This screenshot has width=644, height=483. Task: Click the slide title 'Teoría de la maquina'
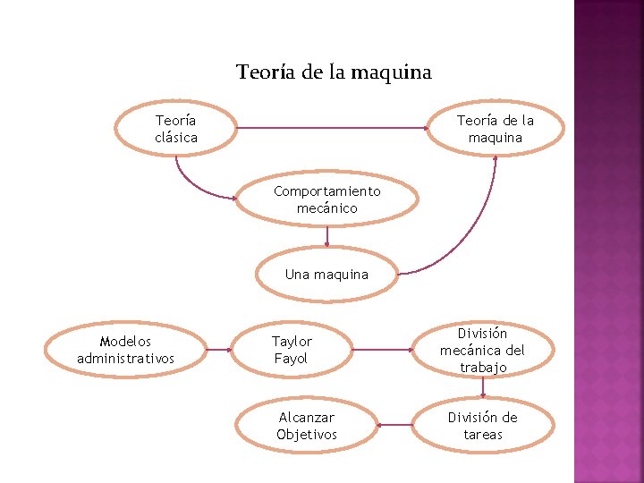click(x=334, y=72)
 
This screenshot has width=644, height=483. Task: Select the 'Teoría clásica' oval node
click(x=176, y=129)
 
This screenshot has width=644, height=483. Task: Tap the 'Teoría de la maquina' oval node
click(x=496, y=129)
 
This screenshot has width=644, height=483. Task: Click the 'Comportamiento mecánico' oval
click(x=327, y=199)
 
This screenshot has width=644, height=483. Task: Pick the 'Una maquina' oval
click(x=326, y=275)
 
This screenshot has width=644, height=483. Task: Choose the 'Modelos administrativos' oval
click(x=125, y=350)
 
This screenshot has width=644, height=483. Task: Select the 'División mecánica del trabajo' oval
click(x=483, y=350)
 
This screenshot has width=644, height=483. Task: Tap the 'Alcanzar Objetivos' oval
click(x=307, y=426)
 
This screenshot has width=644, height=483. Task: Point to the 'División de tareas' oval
click(x=483, y=426)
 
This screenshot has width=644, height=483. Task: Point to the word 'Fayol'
click(x=291, y=359)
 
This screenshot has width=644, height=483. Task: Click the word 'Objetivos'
click(x=307, y=435)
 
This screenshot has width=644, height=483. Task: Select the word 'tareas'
click(x=483, y=435)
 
